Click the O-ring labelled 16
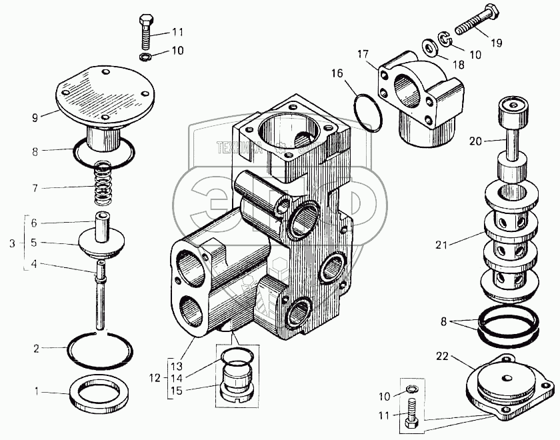pyautogui.click(x=367, y=111)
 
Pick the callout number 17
pyautogui.click(x=362, y=53)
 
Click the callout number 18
pyautogui.click(x=459, y=64)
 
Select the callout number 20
pyautogui.click(x=476, y=141)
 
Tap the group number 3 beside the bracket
pyautogui.click(x=12, y=243)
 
